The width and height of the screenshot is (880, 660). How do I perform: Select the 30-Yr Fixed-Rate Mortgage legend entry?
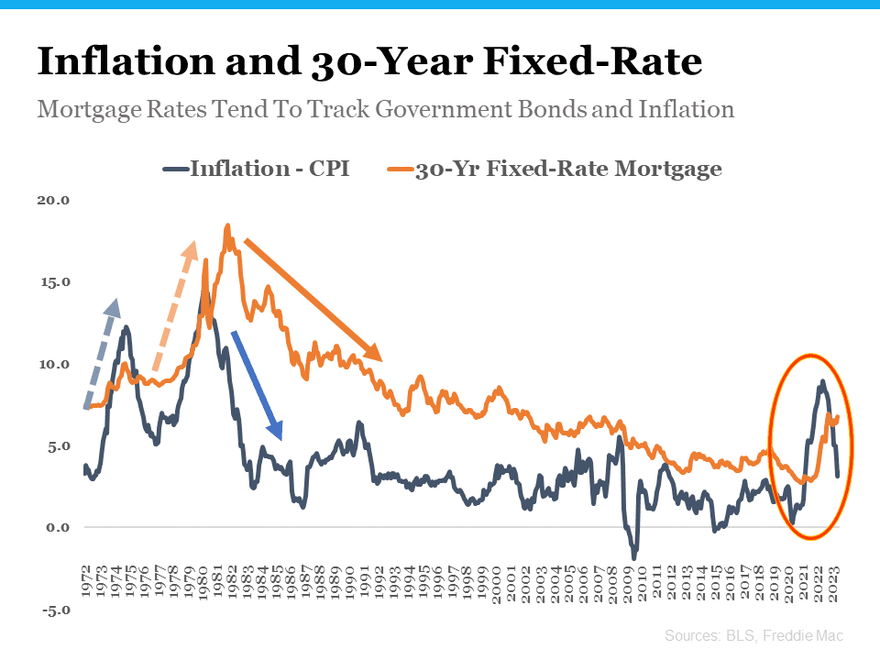554,169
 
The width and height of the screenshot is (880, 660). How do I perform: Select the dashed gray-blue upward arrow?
102,352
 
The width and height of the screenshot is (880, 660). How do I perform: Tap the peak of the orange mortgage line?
226,225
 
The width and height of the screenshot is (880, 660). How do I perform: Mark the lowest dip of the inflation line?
633,557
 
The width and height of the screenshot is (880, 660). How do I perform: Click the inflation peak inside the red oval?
822,381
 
